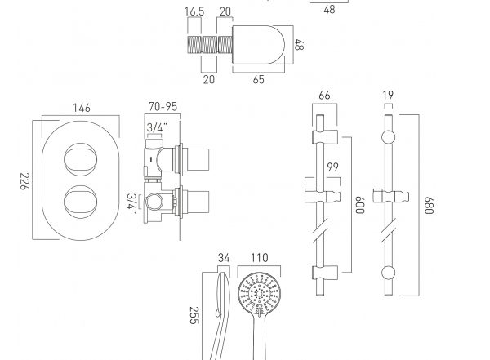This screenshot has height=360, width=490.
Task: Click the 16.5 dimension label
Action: [194, 11]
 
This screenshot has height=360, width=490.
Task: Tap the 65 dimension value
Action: [258, 79]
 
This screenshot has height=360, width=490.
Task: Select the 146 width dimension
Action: [82, 108]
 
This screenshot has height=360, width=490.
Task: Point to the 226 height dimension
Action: [24, 181]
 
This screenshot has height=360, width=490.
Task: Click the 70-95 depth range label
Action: [163, 107]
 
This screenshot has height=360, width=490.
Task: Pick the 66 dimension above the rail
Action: [324, 95]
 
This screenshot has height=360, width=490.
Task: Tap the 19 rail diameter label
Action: [388, 95]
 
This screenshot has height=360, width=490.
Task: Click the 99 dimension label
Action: [332, 167]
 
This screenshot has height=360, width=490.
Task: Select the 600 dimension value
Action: [360, 205]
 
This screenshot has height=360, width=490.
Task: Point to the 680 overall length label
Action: [429, 206]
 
